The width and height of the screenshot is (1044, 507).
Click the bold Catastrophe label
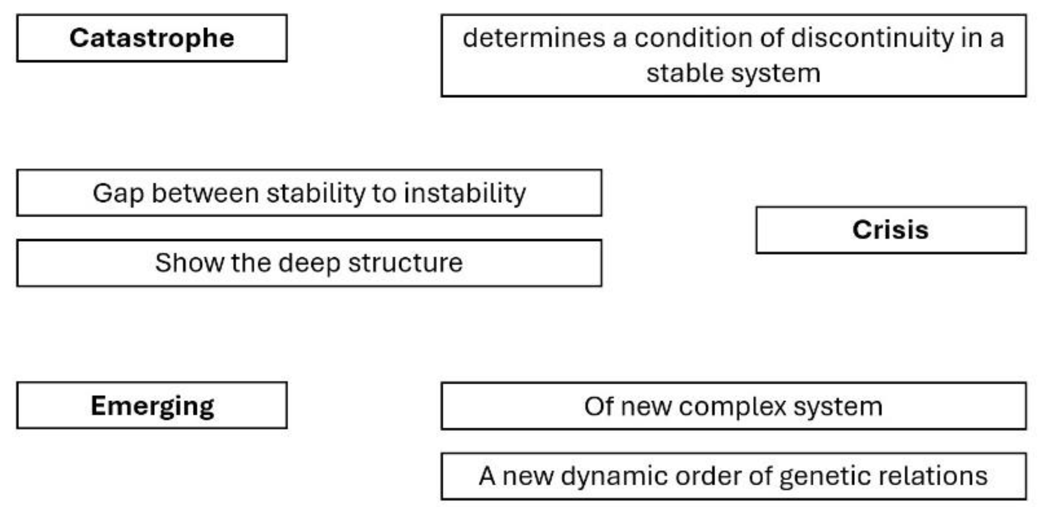[152, 38]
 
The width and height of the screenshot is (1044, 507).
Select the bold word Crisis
[890, 230]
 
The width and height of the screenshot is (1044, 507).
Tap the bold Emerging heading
[152, 406]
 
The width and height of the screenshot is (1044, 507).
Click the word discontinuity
[872, 38]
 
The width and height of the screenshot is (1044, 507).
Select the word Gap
[118, 194]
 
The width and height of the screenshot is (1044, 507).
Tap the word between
[205, 193]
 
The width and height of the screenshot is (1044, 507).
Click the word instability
[465, 193]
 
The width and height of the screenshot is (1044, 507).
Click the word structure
[405, 263]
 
